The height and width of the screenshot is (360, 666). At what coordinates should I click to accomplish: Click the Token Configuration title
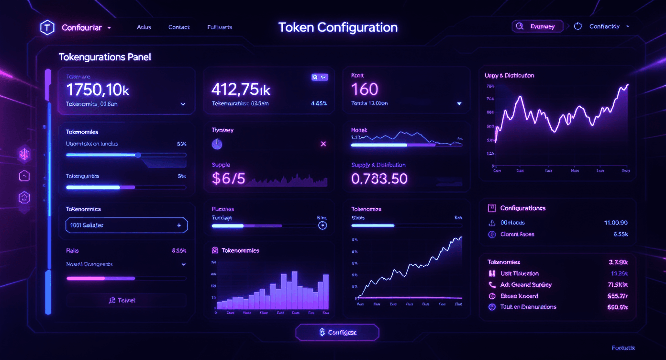tap(338, 27)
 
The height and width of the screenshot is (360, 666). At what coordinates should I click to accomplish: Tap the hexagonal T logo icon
tap(46, 28)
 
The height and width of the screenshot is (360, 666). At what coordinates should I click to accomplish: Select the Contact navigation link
tap(179, 27)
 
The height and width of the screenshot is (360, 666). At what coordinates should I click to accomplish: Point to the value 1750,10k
tap(98, 90)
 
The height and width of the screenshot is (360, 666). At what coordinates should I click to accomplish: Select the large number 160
tap(365, 89)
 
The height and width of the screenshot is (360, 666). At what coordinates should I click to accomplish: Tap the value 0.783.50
tap(379, 179)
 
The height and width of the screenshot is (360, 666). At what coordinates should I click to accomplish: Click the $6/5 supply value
tap(228, 179)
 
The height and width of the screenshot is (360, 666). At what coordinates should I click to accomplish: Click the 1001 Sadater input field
tap(126, 225)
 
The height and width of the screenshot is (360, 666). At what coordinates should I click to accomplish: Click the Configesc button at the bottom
tap(337, 332)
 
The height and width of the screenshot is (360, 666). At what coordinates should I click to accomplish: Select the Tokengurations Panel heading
tap(105, 57)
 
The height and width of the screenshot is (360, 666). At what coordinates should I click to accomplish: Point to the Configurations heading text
tap(522, 208)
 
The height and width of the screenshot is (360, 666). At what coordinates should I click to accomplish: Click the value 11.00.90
tap(616, 223)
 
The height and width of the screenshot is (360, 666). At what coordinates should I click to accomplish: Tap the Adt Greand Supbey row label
tap(526, 285)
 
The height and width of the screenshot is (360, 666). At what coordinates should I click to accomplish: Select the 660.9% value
tap(617, 307)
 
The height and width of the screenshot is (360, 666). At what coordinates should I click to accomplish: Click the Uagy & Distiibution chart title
tap(509, 76)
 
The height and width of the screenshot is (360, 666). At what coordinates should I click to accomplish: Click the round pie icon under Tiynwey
tap(217, 144)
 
